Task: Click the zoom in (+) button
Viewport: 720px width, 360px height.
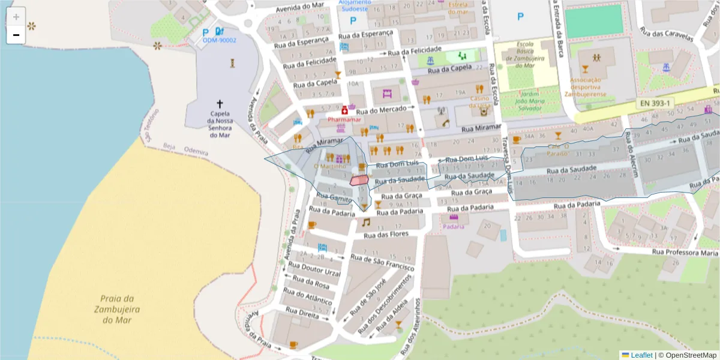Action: (x=16, y=17)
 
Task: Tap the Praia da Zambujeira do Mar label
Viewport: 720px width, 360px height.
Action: (x=116, y=309)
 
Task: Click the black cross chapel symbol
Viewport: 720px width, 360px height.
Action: (x=220, y=104)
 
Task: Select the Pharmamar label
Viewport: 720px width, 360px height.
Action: (x=344, y=119)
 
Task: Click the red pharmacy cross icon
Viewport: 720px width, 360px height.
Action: (x=344, y=111)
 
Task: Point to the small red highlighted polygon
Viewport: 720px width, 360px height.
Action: (x=359, y=179)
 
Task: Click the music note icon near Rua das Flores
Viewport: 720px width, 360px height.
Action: (x=365, y=222)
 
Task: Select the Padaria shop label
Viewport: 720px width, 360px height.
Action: (x=454, y=226)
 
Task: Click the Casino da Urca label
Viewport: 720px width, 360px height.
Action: (x=480, y=102)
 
